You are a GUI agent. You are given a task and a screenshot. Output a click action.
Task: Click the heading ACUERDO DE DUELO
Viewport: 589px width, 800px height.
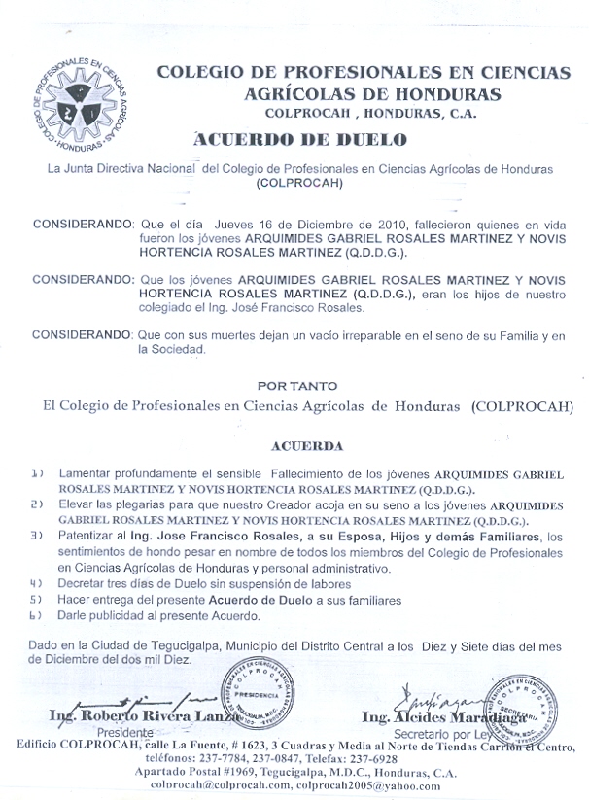point(300,140)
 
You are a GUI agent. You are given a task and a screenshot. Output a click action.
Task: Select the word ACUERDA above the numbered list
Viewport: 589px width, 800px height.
point(307,445)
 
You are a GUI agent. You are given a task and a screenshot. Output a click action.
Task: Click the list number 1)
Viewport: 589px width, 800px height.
point(37,472)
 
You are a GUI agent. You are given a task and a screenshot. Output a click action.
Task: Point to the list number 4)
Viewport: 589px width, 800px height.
point(37,584)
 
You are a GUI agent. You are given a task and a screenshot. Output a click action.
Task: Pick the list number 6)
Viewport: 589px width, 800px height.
point(37,616)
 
